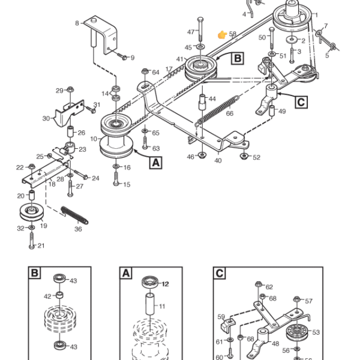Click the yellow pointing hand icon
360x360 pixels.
tap(223, 35)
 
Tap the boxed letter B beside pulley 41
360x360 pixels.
tap(238, 58)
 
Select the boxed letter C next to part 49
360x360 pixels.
tap(301, 101)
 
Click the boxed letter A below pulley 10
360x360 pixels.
tap(155, 162)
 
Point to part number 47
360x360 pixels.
tap(191, 32)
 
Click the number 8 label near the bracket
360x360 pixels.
tap(77, 23)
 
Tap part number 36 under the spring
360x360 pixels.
tap(78, 229)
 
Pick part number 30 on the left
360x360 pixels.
tap(46, 119)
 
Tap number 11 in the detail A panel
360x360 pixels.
tap(161, 306)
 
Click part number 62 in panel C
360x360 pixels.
tap(269, 287)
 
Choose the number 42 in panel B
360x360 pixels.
tap(48, 296)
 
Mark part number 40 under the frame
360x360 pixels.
tap(217, 160)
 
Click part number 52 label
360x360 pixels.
tap(256, 158)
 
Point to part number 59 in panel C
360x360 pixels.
tap(221, 317)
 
